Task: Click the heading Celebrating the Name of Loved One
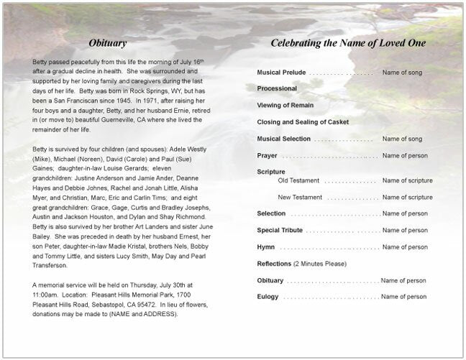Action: (348, 43)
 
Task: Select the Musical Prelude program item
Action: (281, 73)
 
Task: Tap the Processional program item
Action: (277, 88)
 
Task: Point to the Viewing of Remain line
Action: (285, 104)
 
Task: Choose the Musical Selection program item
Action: (284, 138)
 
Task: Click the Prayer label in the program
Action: (267, 155)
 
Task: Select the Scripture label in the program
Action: (271, 172)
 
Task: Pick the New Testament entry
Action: (300, 197)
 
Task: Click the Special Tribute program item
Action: (280, 230)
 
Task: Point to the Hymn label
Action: (265, 246)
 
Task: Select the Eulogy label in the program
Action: (268, 296)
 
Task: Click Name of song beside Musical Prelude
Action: (407, 73)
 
